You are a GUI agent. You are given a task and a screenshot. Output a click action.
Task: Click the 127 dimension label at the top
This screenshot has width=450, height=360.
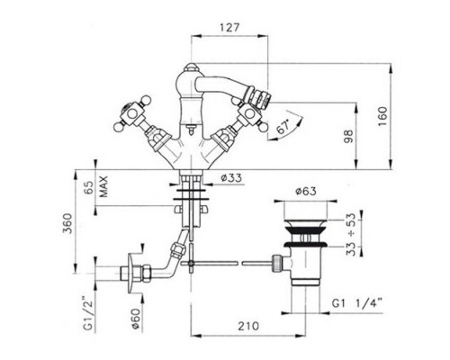click(229, 27)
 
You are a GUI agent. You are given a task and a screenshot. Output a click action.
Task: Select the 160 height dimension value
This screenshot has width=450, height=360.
click(382, 116)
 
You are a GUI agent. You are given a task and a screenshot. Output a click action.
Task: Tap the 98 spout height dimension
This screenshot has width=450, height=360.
click(348, 136)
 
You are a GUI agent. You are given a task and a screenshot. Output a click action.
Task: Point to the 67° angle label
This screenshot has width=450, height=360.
click(283, 126)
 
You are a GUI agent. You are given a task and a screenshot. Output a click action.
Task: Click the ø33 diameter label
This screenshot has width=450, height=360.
click(231, 178)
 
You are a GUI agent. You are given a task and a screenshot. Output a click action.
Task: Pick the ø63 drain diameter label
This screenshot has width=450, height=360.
click(306, 192)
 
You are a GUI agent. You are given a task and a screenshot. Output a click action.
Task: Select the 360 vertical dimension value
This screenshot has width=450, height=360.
click(67, 223)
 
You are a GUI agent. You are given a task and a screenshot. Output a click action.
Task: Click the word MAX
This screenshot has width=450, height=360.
click(103, 186)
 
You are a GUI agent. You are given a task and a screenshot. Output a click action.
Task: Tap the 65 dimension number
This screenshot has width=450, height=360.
click(88, 187)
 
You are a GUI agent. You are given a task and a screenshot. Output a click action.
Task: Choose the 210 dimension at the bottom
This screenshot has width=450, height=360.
click(248, 326)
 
